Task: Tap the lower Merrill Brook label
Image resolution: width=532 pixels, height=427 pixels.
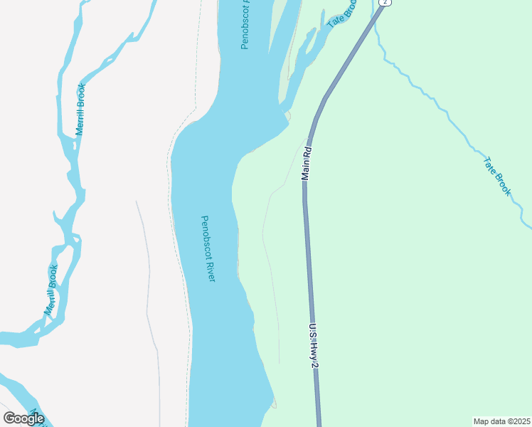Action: pyautogui.click(x=50, y=290)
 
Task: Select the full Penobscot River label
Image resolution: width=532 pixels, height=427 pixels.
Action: pyautogui.click(x=208, y=248)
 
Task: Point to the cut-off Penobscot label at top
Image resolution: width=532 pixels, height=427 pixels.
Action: pyautogui.click(x=245, y=25)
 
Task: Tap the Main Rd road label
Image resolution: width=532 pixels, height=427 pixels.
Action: pyautogui.click(x=307, y=163)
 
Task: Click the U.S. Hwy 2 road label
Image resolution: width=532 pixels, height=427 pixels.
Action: pyautogui.click(x=313, y=346)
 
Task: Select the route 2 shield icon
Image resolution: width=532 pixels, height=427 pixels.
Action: pyautogui.click(x=385, y=3)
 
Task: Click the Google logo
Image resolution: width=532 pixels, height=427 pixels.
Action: pyautogui.click(x=24, y=418)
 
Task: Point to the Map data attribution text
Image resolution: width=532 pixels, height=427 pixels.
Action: pyautogui.click(x=502, y=421)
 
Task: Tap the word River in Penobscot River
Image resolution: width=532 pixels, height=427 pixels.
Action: pyautogui.click(x=209, y=268)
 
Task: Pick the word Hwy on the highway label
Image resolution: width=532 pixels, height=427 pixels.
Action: pyautogui.click(x=314, y=347)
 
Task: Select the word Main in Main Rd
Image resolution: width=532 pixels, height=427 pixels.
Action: pyautogui.click(x=307, y=169)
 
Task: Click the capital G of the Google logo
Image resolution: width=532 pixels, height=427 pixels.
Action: pyautogui.click(x=9, y=418)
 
